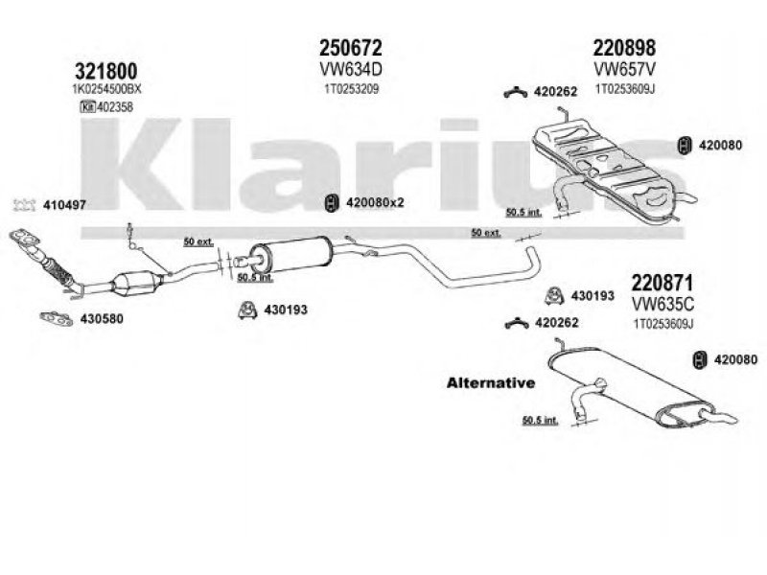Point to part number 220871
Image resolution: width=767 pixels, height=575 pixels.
(x=662, y=282)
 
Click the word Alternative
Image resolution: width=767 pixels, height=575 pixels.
(x=489, y=382)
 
